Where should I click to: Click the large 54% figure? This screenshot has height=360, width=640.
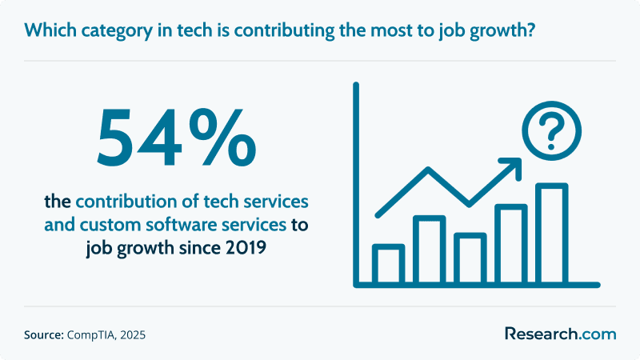pyautogui.click(x=176, y=138)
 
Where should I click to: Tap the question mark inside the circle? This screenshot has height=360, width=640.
pyautogui.click(x=551, y=131)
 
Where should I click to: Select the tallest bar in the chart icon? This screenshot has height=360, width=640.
pyautogui.click(x=552, y=233)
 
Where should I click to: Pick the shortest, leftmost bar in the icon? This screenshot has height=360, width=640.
pyautogui.click(x=389, y=264)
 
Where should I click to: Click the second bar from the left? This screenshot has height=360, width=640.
pyautogui.click(x=430, y=250)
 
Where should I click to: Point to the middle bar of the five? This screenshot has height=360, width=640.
pyautogui.click(x=470, y=258)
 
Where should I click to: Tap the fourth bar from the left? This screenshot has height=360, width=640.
pyautogui.click(x=511, y=244)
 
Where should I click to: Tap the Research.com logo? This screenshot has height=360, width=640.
pyautogui.click(x=561, y=334)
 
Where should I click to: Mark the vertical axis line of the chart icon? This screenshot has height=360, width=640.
pyautogui.click(x=356, y=185)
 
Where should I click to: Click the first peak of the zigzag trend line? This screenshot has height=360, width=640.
pyautogui.click(x=428, y=169)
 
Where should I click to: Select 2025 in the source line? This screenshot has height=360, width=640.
pyautogui.click(x=133, y=335)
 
